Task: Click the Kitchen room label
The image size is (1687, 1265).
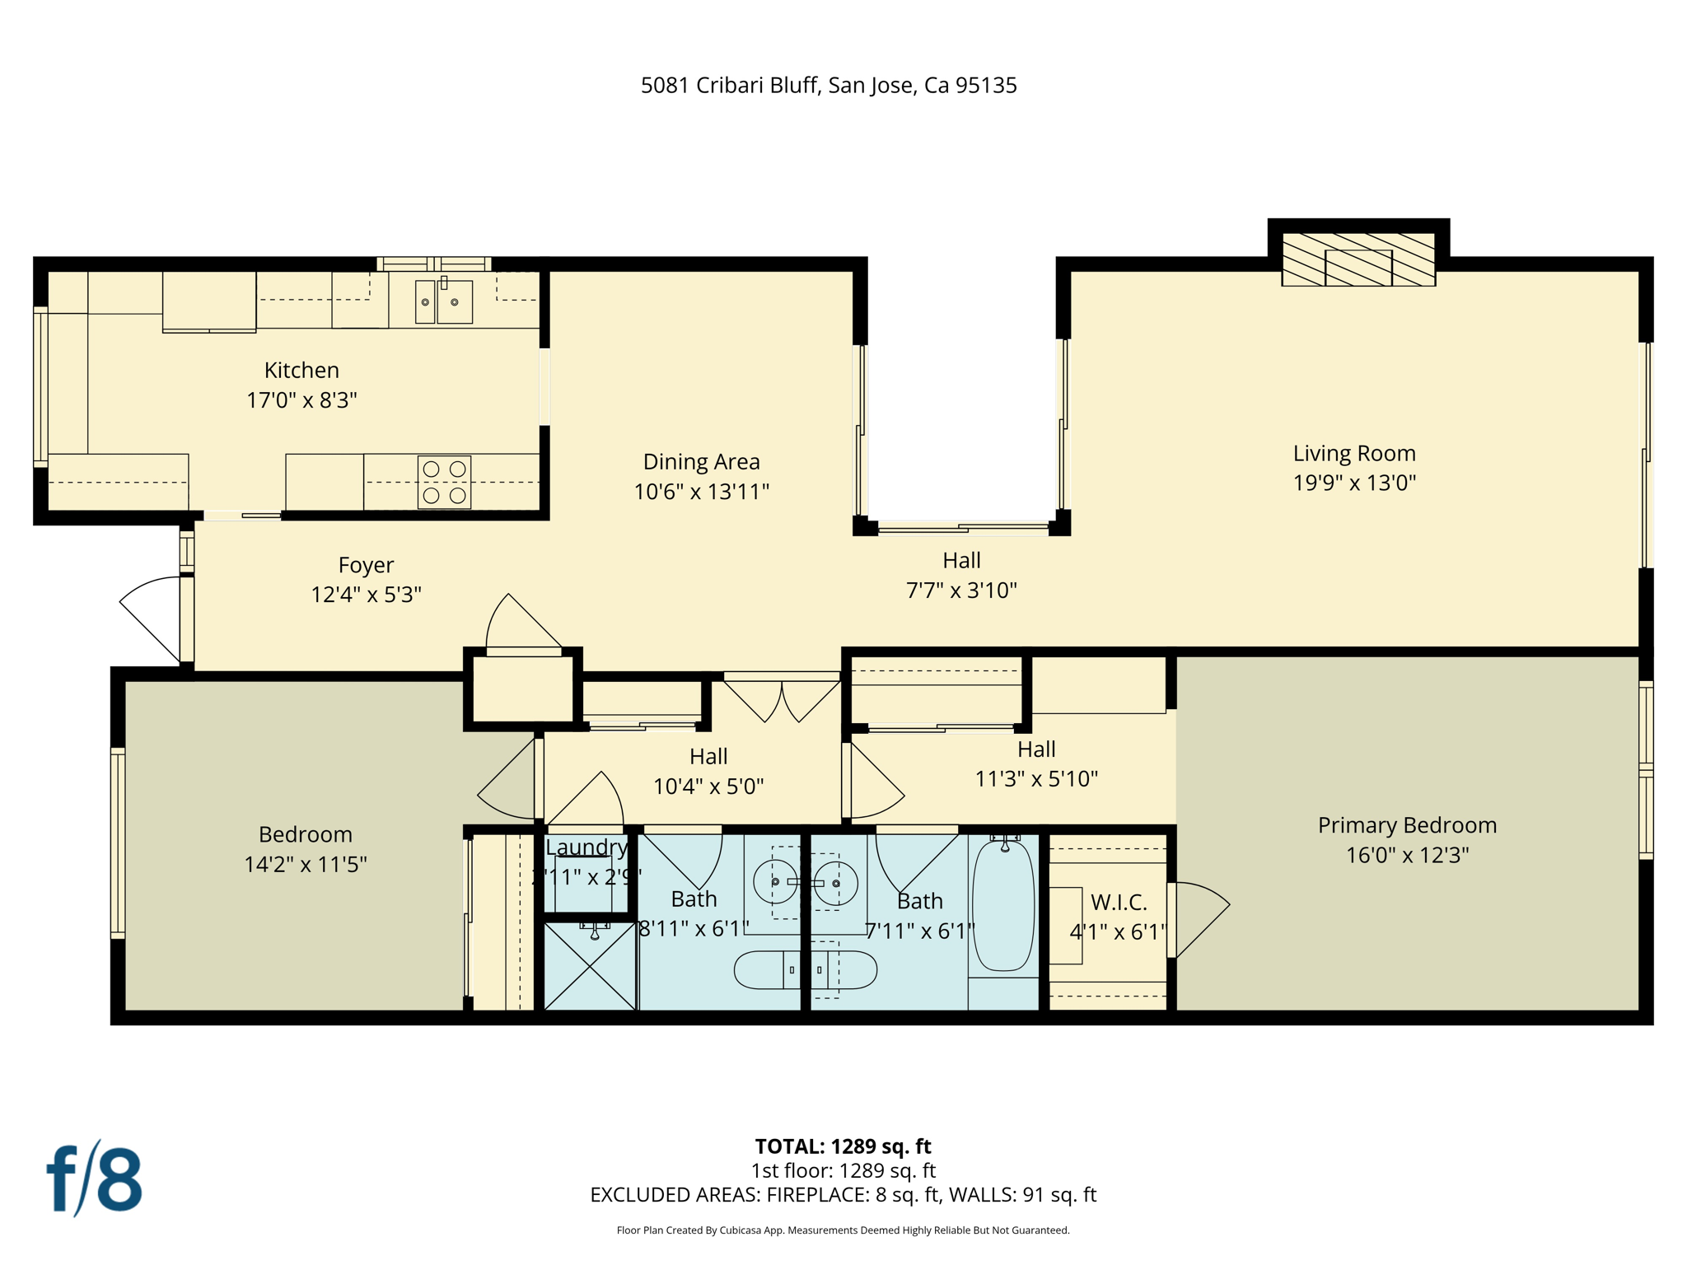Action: point(301,370)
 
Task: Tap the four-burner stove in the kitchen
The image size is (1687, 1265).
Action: point(444,482)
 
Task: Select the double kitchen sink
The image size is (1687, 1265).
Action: point(443,301)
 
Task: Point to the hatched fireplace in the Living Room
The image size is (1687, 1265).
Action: point(1358,259)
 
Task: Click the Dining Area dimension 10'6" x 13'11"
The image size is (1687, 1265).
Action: point(701,492)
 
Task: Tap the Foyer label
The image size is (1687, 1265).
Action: point(366,565)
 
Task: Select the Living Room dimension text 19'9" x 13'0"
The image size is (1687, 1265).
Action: point(1353,483)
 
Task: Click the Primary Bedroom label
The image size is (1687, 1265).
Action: point(1407,825)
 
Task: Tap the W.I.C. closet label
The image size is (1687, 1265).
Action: point(1118,903)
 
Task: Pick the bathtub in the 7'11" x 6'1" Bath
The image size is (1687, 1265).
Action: point(1003,906)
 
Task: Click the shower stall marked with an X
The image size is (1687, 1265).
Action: point(590,967)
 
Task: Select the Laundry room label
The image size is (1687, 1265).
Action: point(586,847)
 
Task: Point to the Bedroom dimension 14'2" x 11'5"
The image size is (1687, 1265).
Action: point(305,865)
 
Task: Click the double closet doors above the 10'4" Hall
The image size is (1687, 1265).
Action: point(781,697)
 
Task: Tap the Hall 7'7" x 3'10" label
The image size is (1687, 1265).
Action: point(961,561)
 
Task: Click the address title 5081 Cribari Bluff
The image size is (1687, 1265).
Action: point(828,86)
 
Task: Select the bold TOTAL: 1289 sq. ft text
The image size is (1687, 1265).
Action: point(843,1146)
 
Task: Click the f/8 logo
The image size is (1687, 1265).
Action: point(94,1179)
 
